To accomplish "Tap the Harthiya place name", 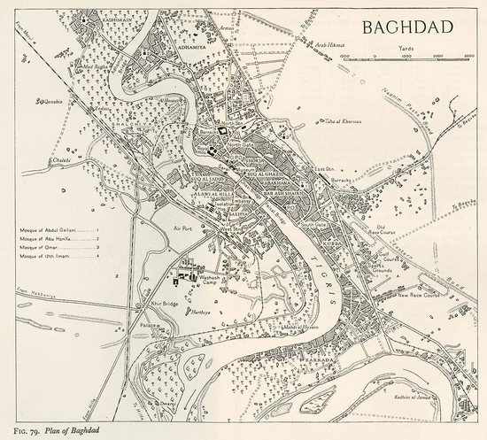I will (199, 313).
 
